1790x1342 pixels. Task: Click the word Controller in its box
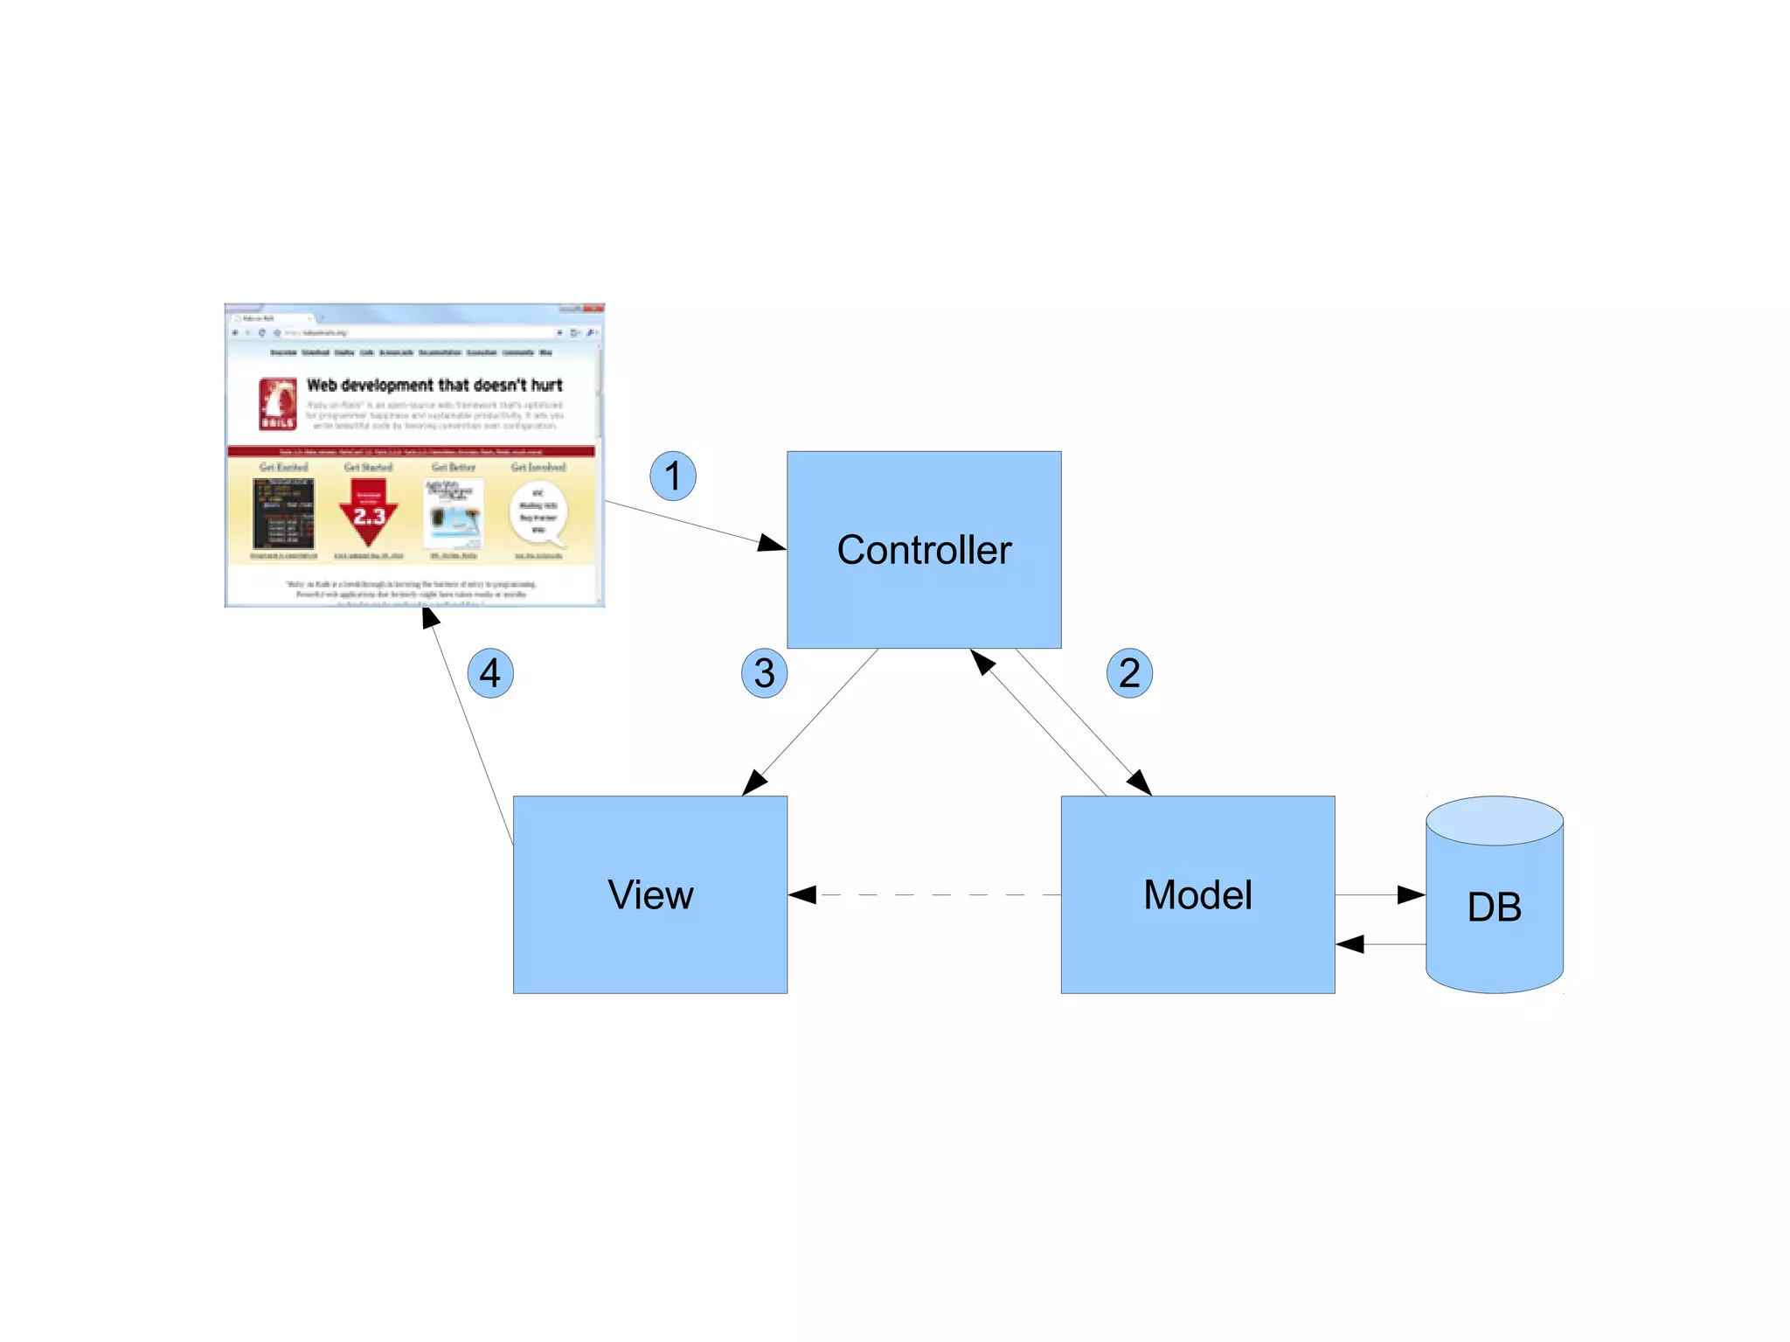coord(924,550)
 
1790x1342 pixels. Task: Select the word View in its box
coord(650,894)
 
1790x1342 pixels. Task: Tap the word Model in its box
coord(1197,894)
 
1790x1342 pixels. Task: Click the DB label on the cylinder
coord(1494,907)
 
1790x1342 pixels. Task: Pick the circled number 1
coord(673,476)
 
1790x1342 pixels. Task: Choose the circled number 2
coord(1129,673)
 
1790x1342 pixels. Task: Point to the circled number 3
coord(764,673)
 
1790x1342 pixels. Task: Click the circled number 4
coord(490,673)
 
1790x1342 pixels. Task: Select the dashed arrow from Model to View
coord(926,894)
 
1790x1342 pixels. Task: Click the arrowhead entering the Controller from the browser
coord(772,544)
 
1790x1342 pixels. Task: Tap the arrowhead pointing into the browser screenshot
coord(430,618)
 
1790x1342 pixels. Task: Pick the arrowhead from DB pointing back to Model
coord(1350,944)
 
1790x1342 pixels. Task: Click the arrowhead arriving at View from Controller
coord(754,783)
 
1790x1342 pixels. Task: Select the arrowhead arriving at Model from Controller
coord(1139,782)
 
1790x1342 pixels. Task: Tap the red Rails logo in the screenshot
coord(278,404)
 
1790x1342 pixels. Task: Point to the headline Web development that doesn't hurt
coord(434,385)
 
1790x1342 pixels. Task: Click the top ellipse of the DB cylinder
coord(1494,820)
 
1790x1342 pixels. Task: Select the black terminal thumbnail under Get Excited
coord(283,514)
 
